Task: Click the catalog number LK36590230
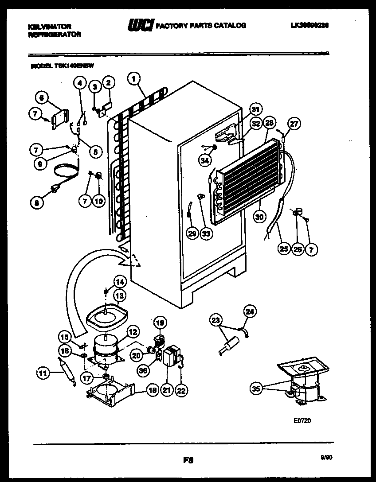pos(310,26)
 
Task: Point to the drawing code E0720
pos(302,421)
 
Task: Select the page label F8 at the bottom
pos(188,460)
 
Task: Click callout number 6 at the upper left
pos(41,98)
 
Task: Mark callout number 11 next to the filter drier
pos(42,373)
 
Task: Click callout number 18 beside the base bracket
pos(152,390)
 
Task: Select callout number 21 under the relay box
pos(167,390)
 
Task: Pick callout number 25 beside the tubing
pos(283,249)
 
